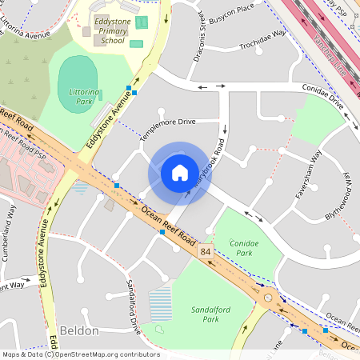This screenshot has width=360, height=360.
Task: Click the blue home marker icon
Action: [x=179, y=172]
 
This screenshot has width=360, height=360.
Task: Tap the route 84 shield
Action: [x=206, y=252]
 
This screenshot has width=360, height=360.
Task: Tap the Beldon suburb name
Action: [x=79, y=330]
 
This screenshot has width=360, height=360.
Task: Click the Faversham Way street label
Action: [x=309, y=172]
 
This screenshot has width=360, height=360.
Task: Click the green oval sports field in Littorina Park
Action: [x=80, y=83]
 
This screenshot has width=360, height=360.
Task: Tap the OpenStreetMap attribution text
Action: [x=80, y=354]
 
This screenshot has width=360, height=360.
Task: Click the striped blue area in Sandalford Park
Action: [x=160, y=305]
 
